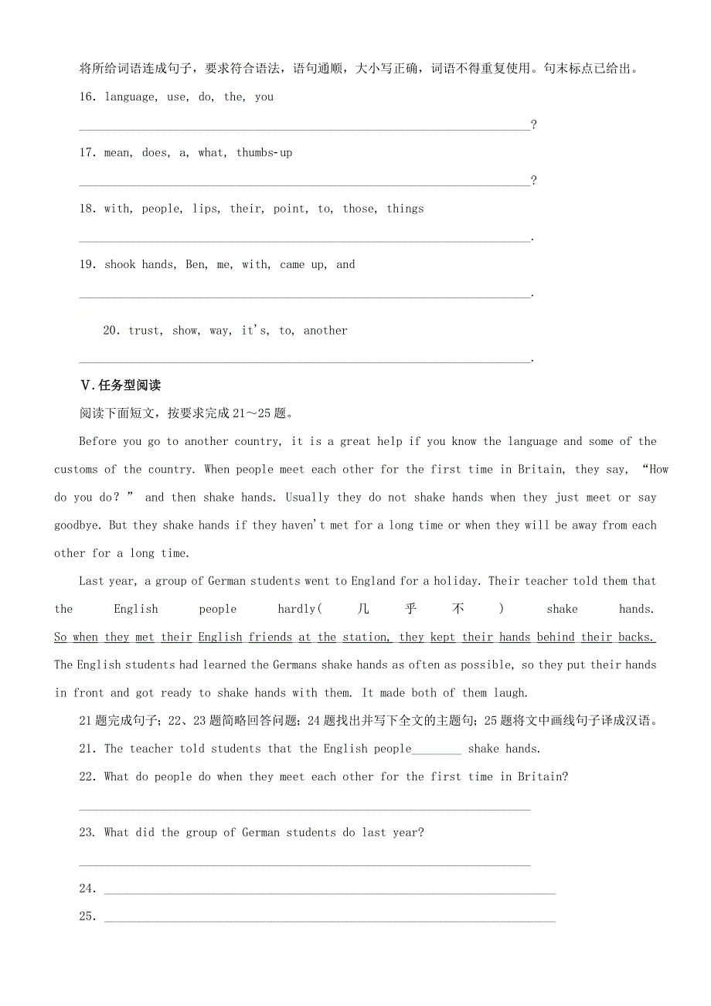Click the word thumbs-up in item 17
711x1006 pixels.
click(x=264, y=153)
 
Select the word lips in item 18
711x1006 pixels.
click(x=205, y=209)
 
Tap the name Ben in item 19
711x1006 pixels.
click(x=196, y=264)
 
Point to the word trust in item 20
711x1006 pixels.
click(x=145, y=331)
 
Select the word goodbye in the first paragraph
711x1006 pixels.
click(x=77, y=525)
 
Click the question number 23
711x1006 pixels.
click(x=87, y=833)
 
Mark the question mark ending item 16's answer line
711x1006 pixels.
click(x=534, y=125)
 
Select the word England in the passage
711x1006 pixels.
click(x=373, y=581)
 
